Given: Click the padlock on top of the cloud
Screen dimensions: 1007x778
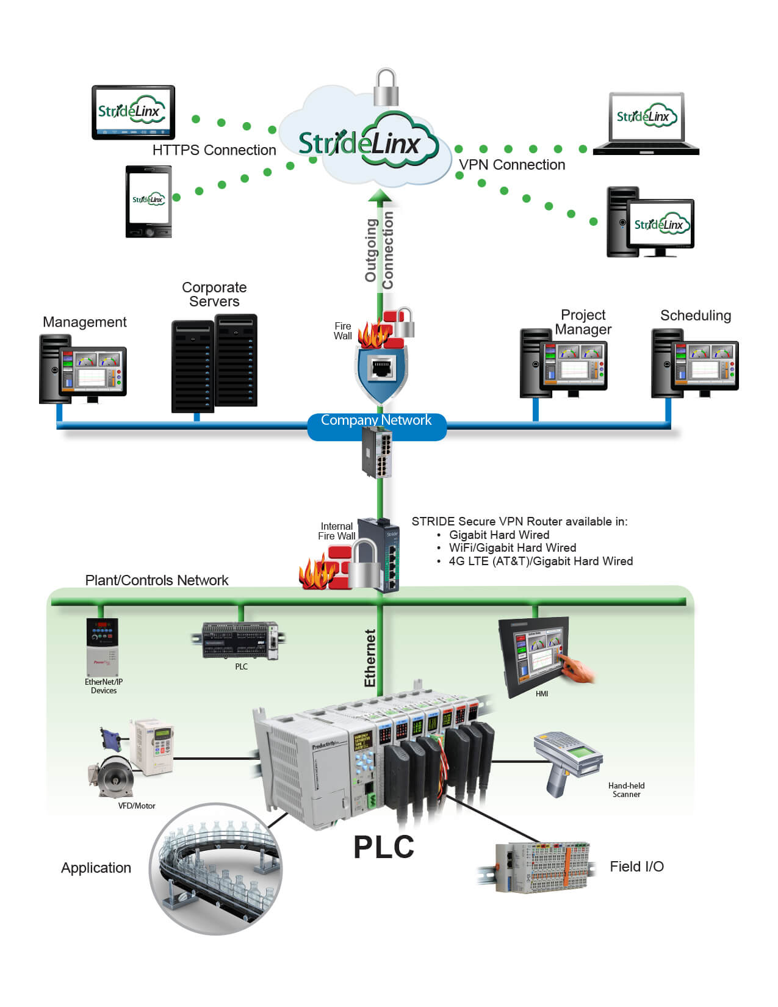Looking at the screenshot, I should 386,88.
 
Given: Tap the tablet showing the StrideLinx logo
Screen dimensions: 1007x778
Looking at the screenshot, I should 133,112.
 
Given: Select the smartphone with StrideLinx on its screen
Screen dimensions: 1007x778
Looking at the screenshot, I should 148,201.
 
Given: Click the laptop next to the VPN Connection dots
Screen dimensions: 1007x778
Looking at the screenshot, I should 646,124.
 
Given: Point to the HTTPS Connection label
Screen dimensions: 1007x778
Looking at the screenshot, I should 214,150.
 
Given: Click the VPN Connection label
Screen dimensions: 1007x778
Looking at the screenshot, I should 511,165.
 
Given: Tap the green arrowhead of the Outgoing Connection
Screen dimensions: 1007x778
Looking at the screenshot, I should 380,195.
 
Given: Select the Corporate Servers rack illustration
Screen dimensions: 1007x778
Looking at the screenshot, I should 214,363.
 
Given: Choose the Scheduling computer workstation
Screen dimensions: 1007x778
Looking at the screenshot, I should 694,364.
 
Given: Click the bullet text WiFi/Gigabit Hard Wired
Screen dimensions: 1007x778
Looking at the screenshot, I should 512,547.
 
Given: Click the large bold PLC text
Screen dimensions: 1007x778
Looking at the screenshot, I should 383,847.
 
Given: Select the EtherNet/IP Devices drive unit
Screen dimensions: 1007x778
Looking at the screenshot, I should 103,648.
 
